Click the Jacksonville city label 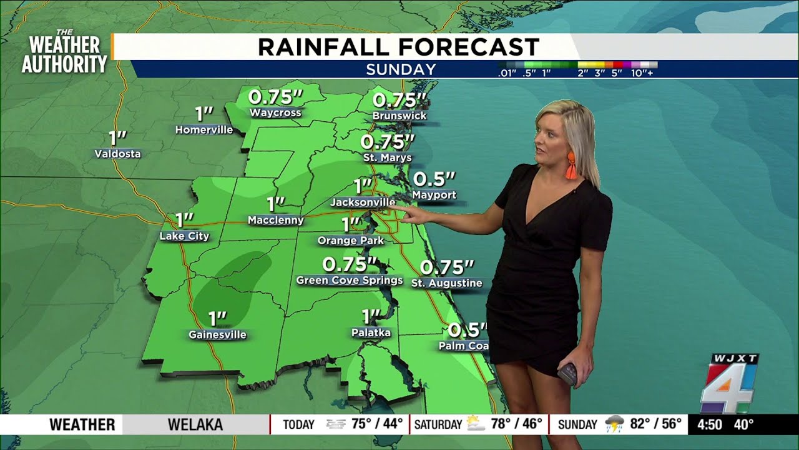[362, 202]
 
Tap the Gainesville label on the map [217, 335]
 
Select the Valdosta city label [117, 154]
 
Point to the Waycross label [275, 113]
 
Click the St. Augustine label [446, 283]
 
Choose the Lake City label [184, 236]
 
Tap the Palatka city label [371, 332]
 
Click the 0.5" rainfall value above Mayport [434, 179]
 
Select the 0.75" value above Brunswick [399, 100]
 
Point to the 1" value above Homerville [204, 114]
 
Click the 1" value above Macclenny [275, 204]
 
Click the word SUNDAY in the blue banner [401, 69]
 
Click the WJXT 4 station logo [729, 382]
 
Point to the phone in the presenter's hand [567, 373]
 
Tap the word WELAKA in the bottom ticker [195, 425]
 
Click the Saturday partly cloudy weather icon [476, 424]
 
